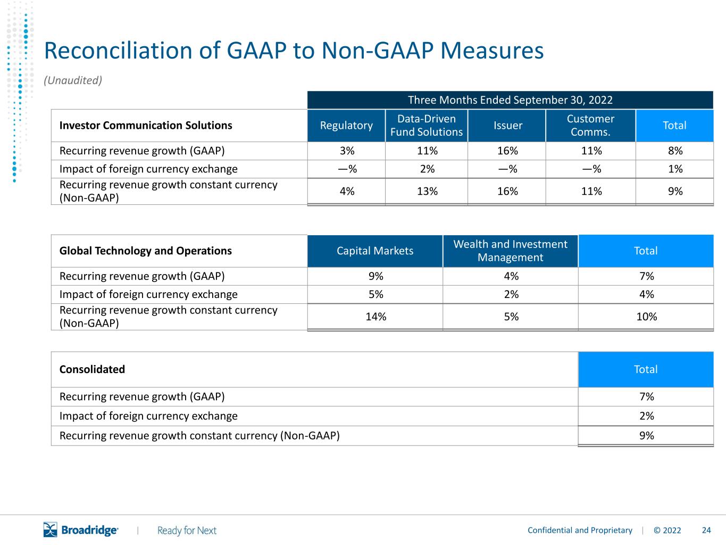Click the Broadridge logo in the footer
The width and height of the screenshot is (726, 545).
81,530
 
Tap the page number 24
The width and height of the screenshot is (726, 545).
706,530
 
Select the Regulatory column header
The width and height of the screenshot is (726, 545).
346,126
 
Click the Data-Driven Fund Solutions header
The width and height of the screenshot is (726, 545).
427,126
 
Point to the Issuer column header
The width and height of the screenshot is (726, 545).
508,126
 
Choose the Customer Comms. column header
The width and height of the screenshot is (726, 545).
590,126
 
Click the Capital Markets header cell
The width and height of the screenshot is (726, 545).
375,251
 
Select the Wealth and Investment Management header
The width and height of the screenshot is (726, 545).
511,251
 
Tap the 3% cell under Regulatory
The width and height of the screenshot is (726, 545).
347,151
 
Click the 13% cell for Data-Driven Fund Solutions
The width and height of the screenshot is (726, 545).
427,191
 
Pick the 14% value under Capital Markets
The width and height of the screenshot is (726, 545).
375,317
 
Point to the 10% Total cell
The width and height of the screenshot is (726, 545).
647,317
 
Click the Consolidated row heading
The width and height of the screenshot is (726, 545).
92,369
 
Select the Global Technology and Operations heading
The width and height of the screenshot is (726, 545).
146,251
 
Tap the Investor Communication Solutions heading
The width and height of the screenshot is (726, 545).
146,126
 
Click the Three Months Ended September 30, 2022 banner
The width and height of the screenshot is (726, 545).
510,100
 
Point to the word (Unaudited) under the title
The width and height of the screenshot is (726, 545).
73,80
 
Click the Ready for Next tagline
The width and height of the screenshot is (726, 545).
187,531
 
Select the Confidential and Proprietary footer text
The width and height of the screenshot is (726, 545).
580,530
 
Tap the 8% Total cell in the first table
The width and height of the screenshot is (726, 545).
675,151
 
